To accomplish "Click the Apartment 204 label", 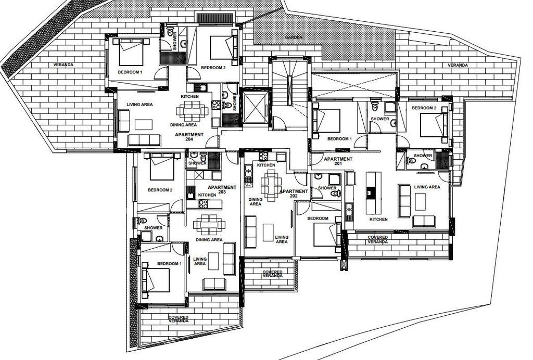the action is pos(189,137).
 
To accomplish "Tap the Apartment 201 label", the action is pos(338,161).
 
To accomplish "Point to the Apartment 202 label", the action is pos(294,194).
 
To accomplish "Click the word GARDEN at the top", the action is pos(294,37).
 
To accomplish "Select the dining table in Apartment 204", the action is pos(192,111).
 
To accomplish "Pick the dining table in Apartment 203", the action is pos(209,225).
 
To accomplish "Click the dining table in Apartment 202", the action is pos(271,185).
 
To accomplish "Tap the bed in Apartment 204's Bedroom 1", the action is pos(131,52).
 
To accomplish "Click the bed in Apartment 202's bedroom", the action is pos(327,235).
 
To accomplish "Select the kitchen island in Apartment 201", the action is pos(373,193).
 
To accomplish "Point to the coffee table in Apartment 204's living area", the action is pos(144,125).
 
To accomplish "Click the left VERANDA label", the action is pos(63,65).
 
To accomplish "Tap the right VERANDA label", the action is pos(458,65).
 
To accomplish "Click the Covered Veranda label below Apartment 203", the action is pos(179,319).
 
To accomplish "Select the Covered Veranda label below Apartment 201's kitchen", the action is pos(378,239).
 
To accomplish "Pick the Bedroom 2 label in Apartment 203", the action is pos(160,190).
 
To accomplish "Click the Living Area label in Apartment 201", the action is pos(427,187).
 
